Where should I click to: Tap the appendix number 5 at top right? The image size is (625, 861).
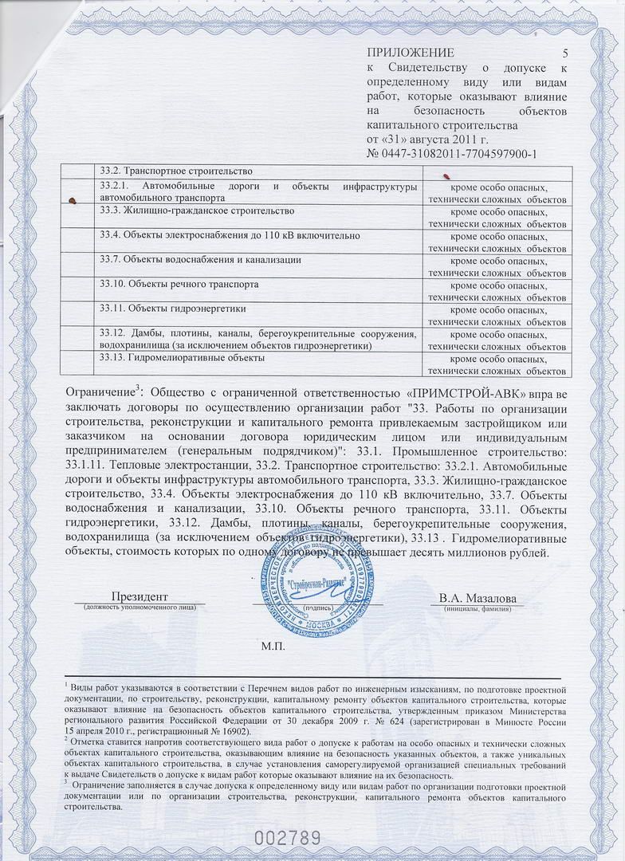coord(565,53)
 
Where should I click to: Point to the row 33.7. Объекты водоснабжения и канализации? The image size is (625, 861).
coord(199,260)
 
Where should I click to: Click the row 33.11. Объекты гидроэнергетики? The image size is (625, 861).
coord(172,308)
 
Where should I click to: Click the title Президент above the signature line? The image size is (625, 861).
coord(140,597)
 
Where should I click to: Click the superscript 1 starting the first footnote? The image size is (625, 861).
coord(66,683)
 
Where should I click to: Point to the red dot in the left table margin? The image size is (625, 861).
coord(73,202)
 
